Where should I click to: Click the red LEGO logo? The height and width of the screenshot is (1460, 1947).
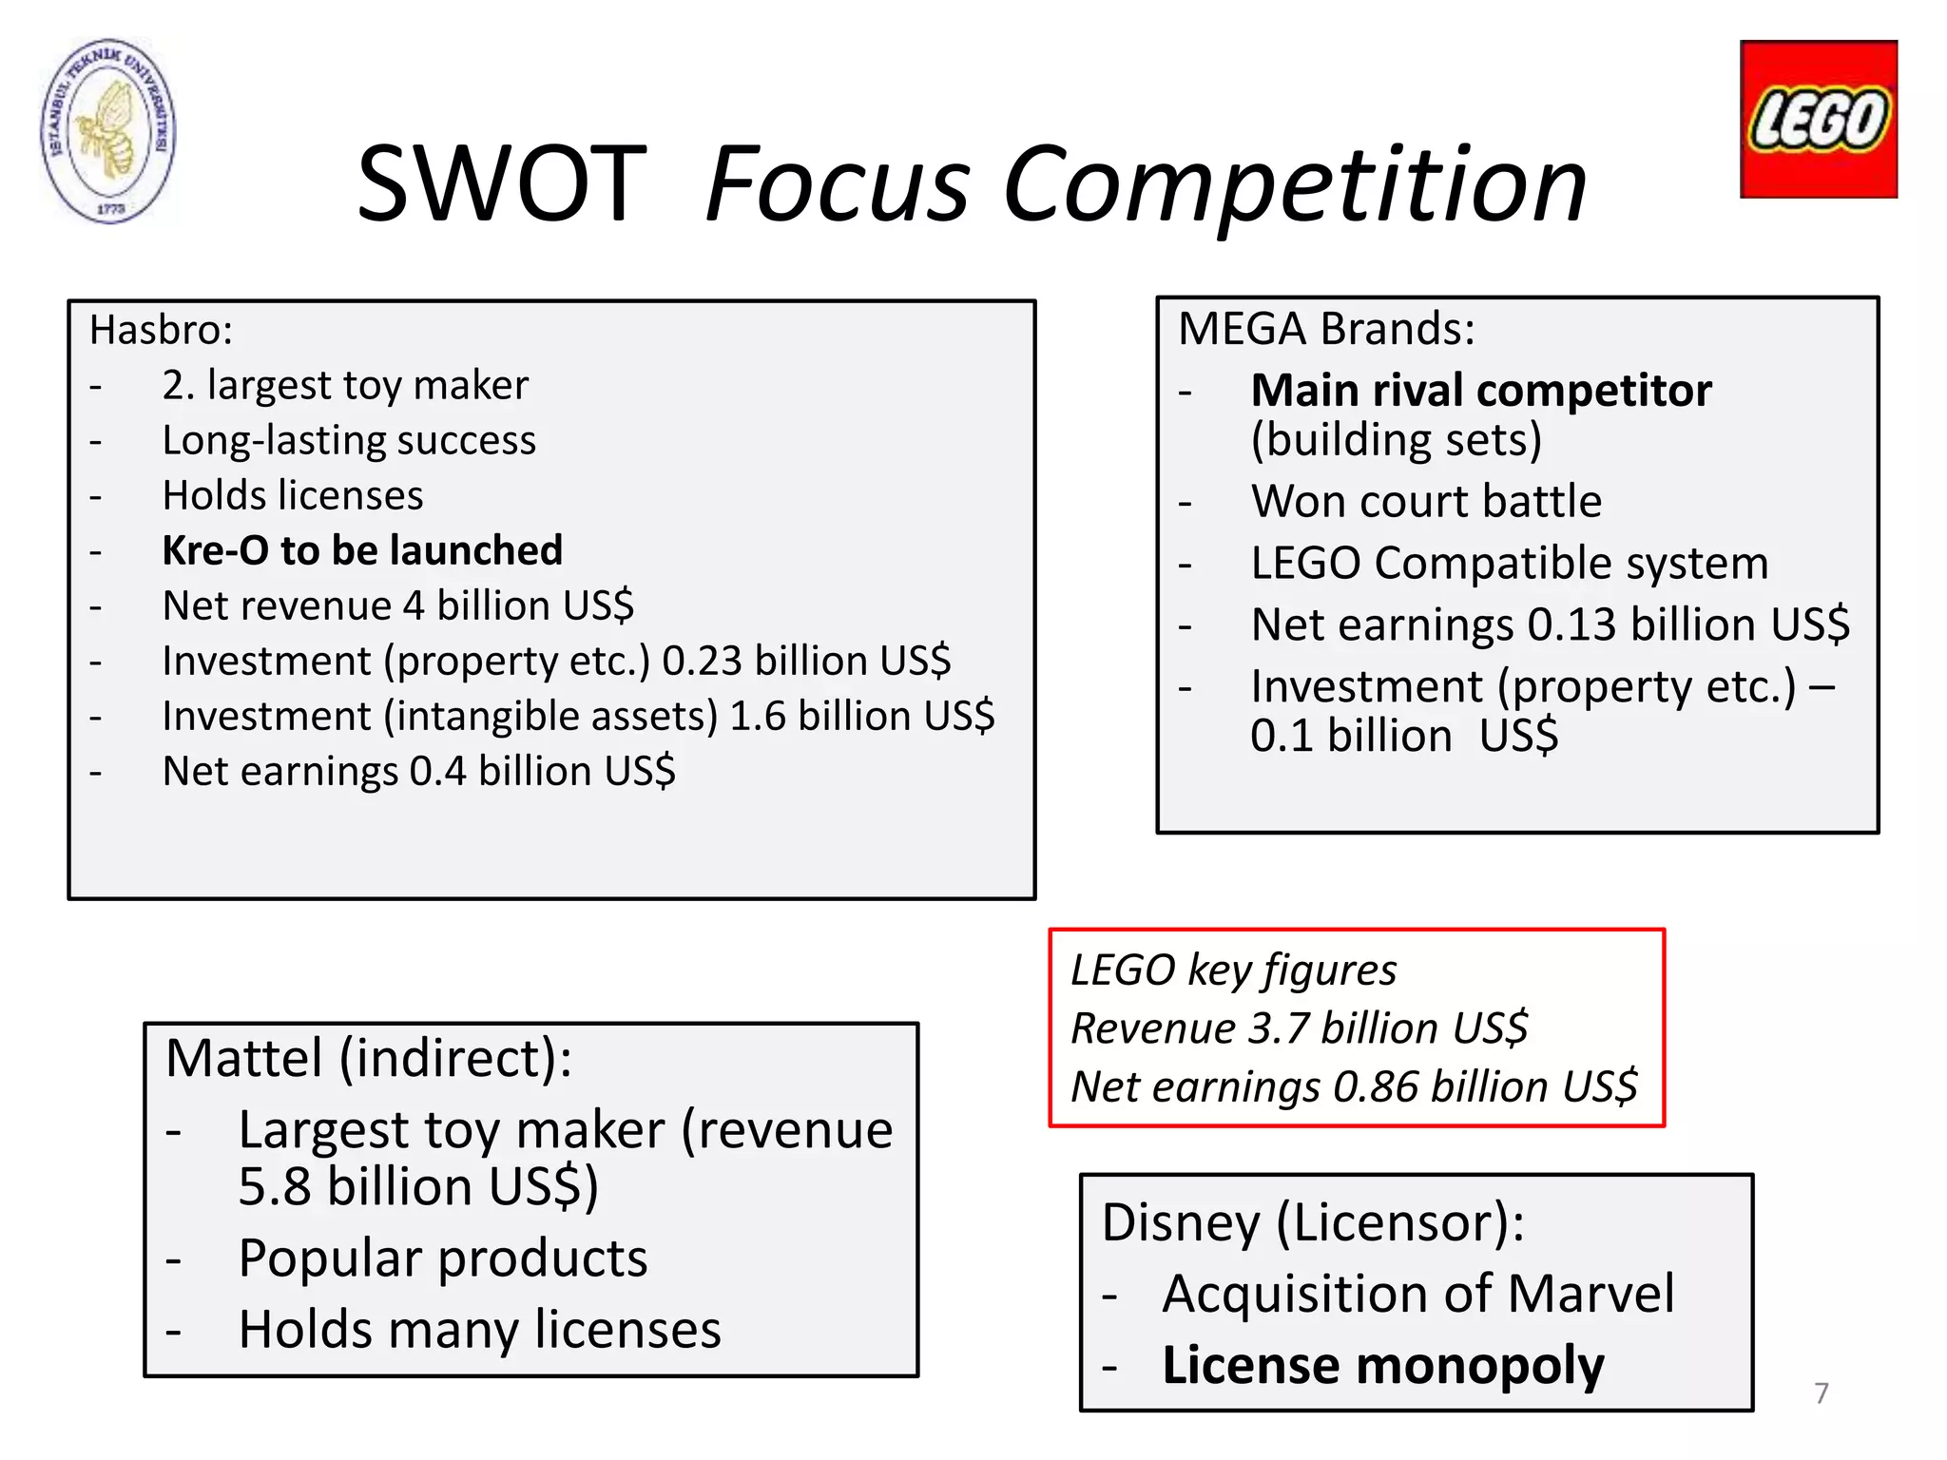click(x=1818, y=119)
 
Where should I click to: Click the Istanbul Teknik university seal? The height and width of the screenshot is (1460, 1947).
click(x=108, y=130)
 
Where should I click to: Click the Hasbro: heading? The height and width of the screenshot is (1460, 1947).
click(x=161, y=331)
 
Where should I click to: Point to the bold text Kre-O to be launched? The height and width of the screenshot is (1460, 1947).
click(x=362, y=550)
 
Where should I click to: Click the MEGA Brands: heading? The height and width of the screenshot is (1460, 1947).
click(x=1326, y=329)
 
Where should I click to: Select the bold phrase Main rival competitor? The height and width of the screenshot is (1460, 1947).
click(x=1481, y=391)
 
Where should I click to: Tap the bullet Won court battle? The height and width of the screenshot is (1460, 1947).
click(x=1426, y=501)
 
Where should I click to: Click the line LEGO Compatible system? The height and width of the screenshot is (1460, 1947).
click(x=1509, y=563)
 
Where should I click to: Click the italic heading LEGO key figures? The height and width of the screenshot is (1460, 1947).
click(x=1233, y=970)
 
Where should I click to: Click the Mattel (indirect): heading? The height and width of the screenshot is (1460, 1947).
click(x=369, y=1058)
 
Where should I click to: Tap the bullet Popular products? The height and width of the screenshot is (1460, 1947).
click(x=442, y=1258)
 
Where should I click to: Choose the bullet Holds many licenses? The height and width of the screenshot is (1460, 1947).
click(x=479, y=1329)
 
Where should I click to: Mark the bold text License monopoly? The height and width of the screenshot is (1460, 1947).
click(x=1383, y=1365)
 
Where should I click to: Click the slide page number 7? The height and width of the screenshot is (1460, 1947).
click(x=1821, y=1393)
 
